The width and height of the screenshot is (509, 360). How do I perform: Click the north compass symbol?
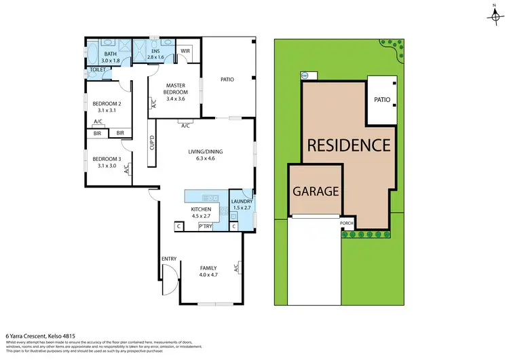[493, 14]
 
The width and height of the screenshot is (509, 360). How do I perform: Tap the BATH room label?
[110, 53]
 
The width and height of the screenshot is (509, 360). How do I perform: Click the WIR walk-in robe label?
[184, 50]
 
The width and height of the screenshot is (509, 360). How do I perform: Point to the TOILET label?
[97, 71]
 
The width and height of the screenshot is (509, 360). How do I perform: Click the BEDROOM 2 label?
[105, 103]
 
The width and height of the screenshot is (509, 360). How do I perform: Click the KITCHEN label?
[202, 209]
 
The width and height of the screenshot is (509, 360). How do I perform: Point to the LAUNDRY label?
[242, 202]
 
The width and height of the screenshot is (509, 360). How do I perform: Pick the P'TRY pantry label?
[204, 226]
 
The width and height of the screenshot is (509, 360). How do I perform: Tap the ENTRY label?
[169, 259]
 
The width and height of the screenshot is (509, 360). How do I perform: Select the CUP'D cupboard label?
[153, 144]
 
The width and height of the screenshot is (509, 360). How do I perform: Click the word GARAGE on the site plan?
[316, 192]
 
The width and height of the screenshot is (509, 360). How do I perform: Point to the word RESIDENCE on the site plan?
[349, 145]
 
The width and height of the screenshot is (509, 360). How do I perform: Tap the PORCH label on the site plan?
[347, 221]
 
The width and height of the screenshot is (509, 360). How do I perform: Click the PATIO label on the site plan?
[382, 100]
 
